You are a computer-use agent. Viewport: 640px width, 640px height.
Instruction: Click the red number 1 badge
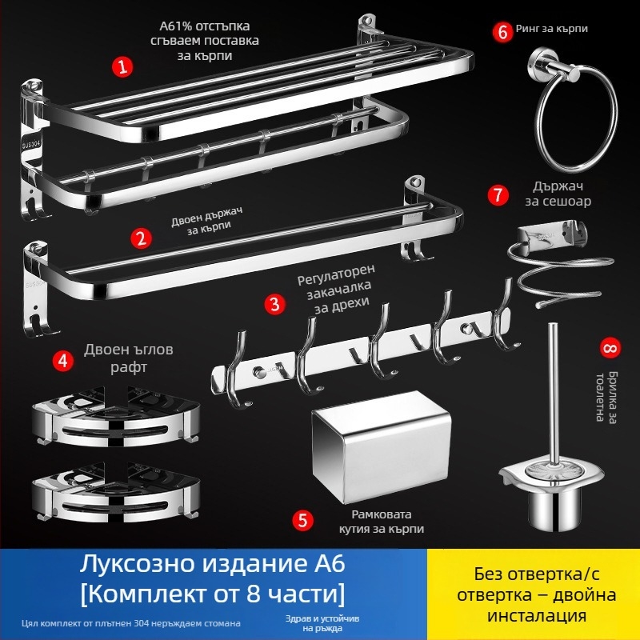point(122,67)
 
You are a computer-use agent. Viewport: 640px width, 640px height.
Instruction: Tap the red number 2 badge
point(142,238)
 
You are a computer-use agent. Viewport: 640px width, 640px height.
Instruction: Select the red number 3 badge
point(274,303)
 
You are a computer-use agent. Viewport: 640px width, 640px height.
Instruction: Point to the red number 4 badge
point(62,360)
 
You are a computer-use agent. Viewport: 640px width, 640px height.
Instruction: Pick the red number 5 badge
point(302,520)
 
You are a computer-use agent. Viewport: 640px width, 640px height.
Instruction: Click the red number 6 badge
point(502,31)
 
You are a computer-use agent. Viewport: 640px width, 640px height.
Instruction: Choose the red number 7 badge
point(498,194)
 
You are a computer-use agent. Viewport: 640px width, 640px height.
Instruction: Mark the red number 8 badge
point(610,348)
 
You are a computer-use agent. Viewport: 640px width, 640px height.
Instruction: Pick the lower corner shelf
point(112,493)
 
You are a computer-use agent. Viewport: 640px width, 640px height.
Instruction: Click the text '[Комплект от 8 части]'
point(211,594)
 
